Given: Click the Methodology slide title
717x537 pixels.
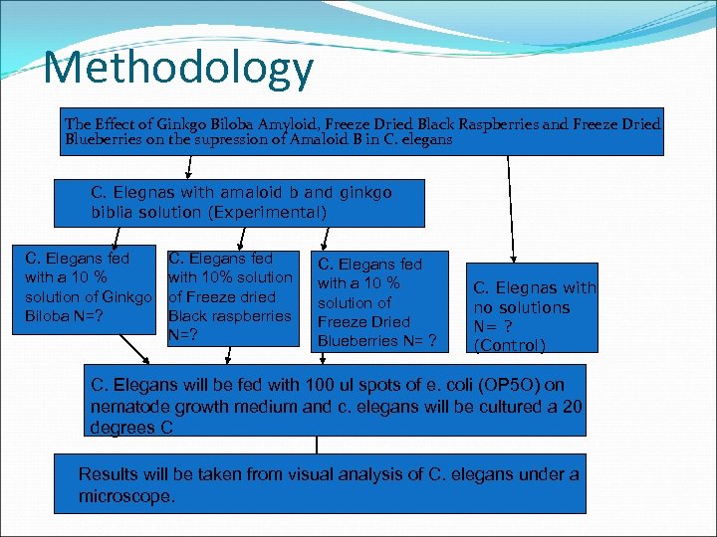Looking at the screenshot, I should (179, 69).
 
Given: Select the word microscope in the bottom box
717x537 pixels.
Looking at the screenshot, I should (126, 495).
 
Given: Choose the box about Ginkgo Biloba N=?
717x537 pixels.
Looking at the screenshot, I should (89, 287).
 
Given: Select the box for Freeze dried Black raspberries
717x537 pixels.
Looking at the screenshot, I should (231, 296).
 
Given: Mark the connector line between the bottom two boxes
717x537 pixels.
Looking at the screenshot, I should (317, 446).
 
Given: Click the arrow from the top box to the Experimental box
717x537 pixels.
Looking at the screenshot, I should (189, 167).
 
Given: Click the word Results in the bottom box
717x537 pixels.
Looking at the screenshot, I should (108, 474).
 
